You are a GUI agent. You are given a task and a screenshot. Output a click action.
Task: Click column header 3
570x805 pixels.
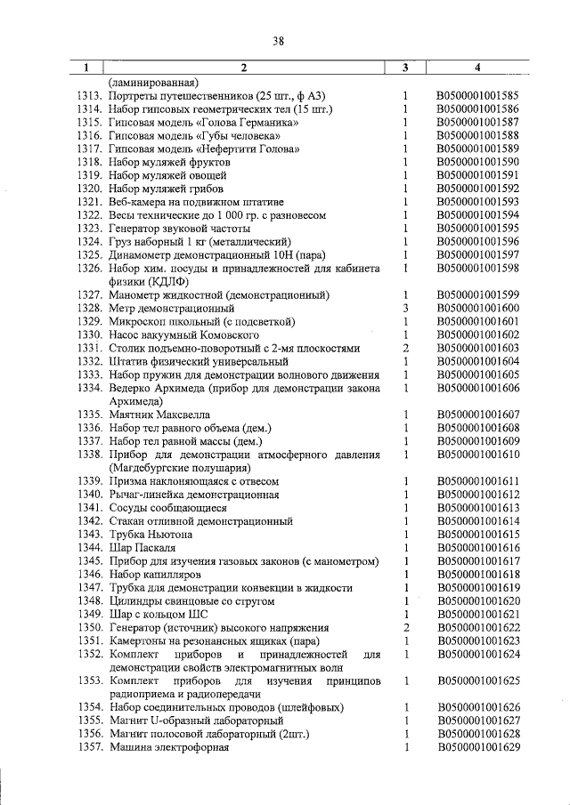[x=404, y=68]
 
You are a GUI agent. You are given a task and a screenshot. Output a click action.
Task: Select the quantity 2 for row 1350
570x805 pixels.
[x=404, y=627]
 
